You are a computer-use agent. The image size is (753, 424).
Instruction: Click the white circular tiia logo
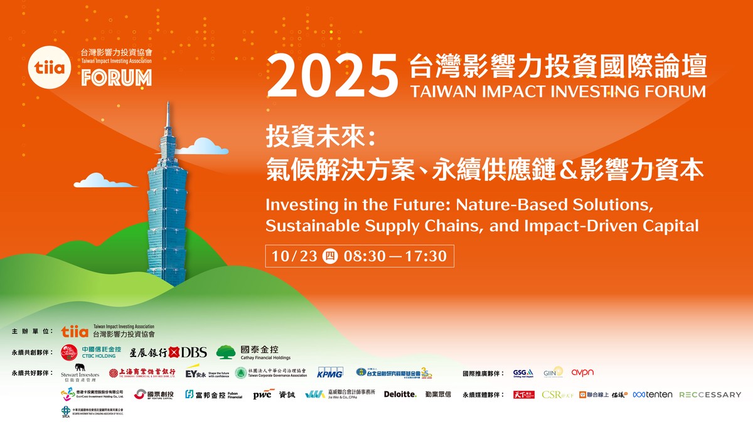tap(53, 66)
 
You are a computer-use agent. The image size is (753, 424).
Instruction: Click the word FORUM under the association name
tap(116, 78)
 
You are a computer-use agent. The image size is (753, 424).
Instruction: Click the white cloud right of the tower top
tap(202, 147)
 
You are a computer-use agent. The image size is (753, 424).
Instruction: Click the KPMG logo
tap(330, 372)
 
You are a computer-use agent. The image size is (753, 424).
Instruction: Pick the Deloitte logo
tap(400, 394)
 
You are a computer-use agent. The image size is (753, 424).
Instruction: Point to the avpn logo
tap(582, 372)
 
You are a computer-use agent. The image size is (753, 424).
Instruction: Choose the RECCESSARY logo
tap(710, 394)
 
